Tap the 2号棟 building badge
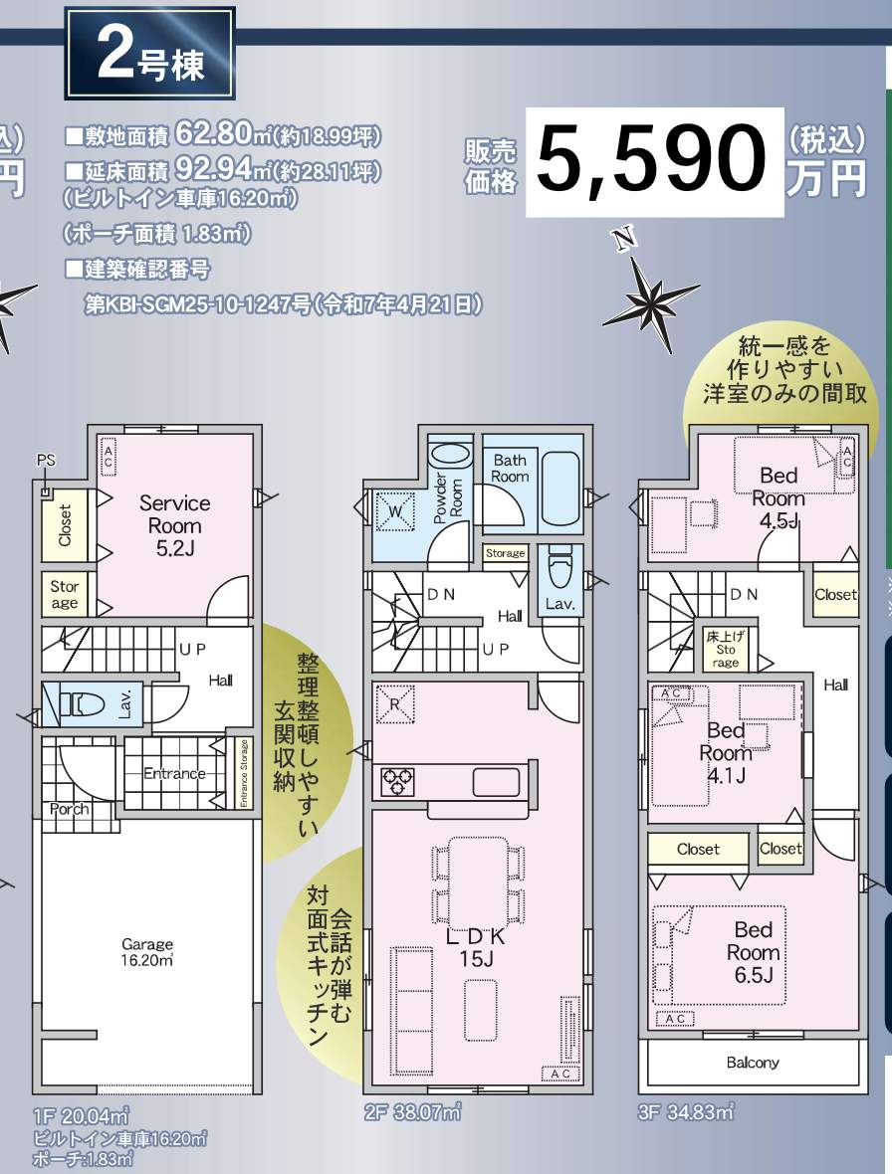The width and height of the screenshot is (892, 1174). point(149,55)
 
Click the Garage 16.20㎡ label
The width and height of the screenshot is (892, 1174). point(147,952)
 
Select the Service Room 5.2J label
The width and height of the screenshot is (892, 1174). point(174,524)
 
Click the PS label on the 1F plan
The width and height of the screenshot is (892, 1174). point(46,460)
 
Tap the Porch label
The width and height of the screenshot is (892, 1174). point(69,809)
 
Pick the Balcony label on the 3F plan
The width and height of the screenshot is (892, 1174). point(752,1063)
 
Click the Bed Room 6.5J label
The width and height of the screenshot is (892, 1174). point(755,952)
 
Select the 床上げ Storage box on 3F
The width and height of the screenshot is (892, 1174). point(726,650)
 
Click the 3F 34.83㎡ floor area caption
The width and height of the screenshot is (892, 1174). point(686,1112)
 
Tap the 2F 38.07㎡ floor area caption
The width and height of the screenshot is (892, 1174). point(412,1112)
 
